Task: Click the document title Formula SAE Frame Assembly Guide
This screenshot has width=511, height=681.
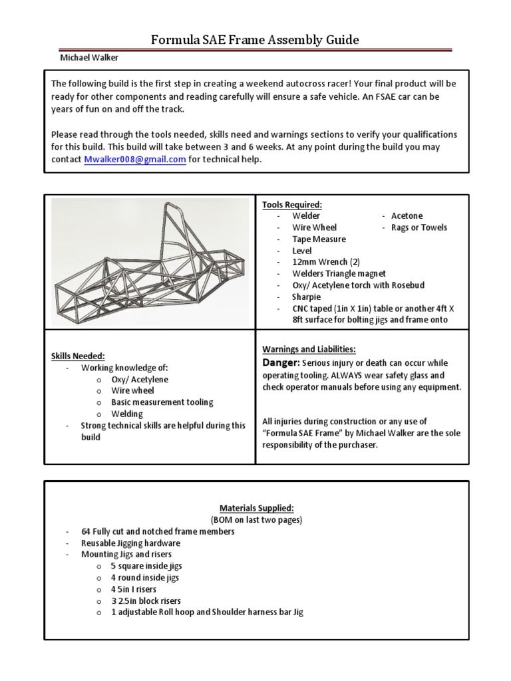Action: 255,40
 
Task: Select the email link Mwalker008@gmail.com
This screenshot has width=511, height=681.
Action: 135,160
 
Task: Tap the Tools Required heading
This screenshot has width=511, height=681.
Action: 291,204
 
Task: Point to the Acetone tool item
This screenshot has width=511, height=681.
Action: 407,215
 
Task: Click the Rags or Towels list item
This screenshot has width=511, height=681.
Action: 419,227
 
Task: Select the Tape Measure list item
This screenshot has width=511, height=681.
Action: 319,239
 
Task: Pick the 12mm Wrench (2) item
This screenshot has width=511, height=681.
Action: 322,262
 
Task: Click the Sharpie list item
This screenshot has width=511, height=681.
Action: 307,297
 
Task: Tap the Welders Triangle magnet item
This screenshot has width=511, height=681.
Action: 339,273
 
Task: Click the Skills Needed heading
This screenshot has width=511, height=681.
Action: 78,356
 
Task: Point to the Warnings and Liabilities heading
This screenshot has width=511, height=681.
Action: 309,349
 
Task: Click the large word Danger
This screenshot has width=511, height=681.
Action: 281,362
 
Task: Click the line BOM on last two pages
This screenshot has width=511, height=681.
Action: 255,520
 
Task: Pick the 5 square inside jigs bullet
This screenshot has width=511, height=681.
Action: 146,566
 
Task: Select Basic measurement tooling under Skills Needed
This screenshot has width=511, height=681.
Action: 162,402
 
